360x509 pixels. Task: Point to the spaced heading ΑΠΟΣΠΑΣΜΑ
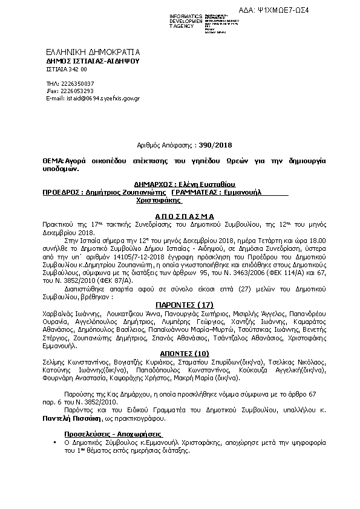coord(181,215)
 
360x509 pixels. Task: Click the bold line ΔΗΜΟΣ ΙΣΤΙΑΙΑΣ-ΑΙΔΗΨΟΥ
coord(93,61)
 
